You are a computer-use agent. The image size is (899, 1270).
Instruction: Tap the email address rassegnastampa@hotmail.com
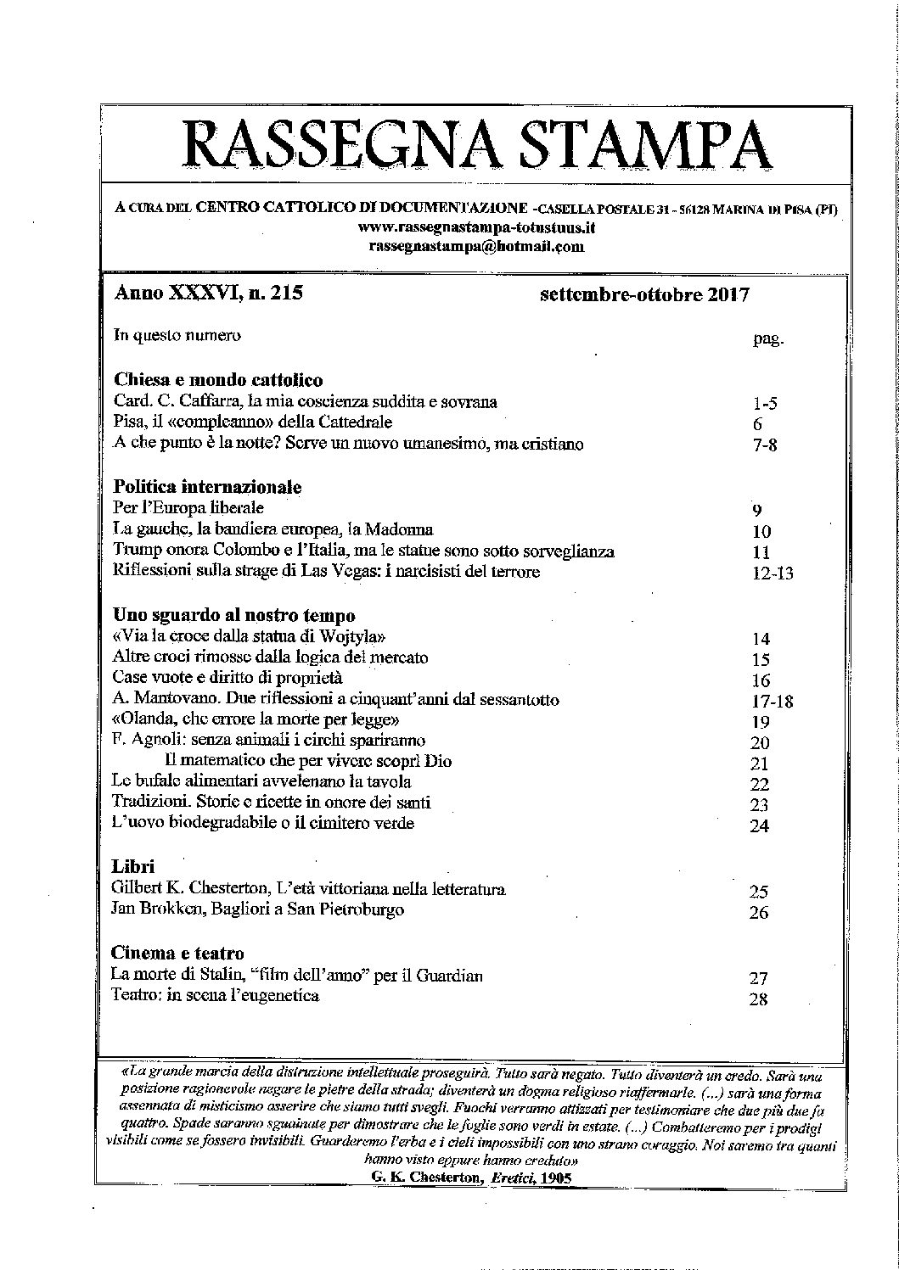[476, 246]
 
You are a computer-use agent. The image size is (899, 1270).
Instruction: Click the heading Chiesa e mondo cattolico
[218, 380]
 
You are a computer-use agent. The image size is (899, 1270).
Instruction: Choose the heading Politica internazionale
[208, 488]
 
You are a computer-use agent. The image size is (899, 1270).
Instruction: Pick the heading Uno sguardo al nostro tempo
[233, 615]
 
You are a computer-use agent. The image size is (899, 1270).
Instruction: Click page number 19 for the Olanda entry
[761, 722]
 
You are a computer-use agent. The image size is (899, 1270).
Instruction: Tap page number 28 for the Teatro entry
[759, 999]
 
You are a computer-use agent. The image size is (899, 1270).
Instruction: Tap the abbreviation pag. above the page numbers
[767, 340]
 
